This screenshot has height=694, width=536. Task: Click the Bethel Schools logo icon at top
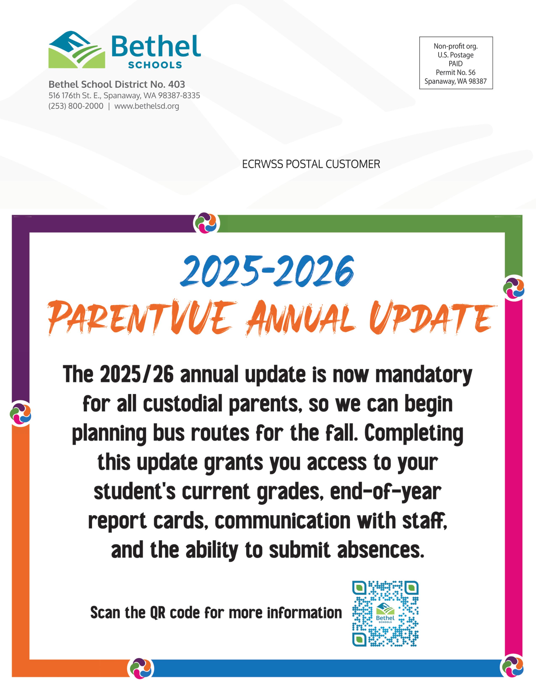[x=77, y=50]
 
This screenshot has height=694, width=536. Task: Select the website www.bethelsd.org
[x=147, y=106]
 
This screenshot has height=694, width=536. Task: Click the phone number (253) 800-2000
[x=76, y=106]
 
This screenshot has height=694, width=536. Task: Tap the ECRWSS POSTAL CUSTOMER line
[x=311, y=164]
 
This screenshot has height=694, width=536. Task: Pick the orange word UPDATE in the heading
[x=432, y=318]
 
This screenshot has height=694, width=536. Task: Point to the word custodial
[x=183, y=404]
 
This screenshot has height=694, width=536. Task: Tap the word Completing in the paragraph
[x=414, y=433]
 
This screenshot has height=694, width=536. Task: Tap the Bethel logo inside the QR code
[x=385, y=613]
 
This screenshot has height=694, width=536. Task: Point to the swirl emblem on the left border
[x=21, y=413]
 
